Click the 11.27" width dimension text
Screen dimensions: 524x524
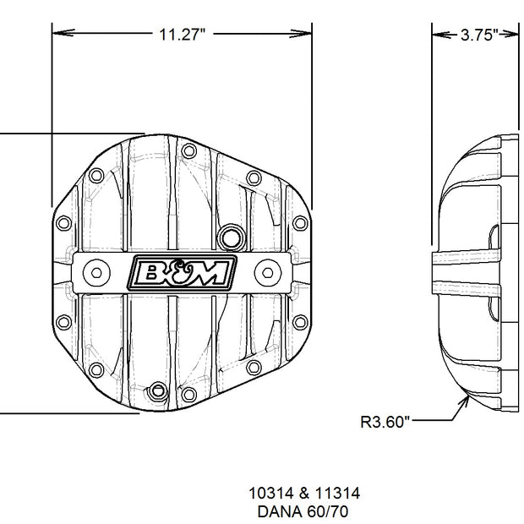click(182, 34)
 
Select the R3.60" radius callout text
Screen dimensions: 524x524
click(385, 422)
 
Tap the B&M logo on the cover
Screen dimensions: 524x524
click(183, 273)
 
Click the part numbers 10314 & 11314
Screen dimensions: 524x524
click(304, 493)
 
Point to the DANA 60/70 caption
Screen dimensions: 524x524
click(303, 511)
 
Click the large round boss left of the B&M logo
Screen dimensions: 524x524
click(96, 273)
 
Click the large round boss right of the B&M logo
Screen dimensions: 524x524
click(268, 273)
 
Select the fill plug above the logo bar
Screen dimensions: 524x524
click(231, 237)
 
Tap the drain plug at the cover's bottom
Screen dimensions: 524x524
click(158, 390)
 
